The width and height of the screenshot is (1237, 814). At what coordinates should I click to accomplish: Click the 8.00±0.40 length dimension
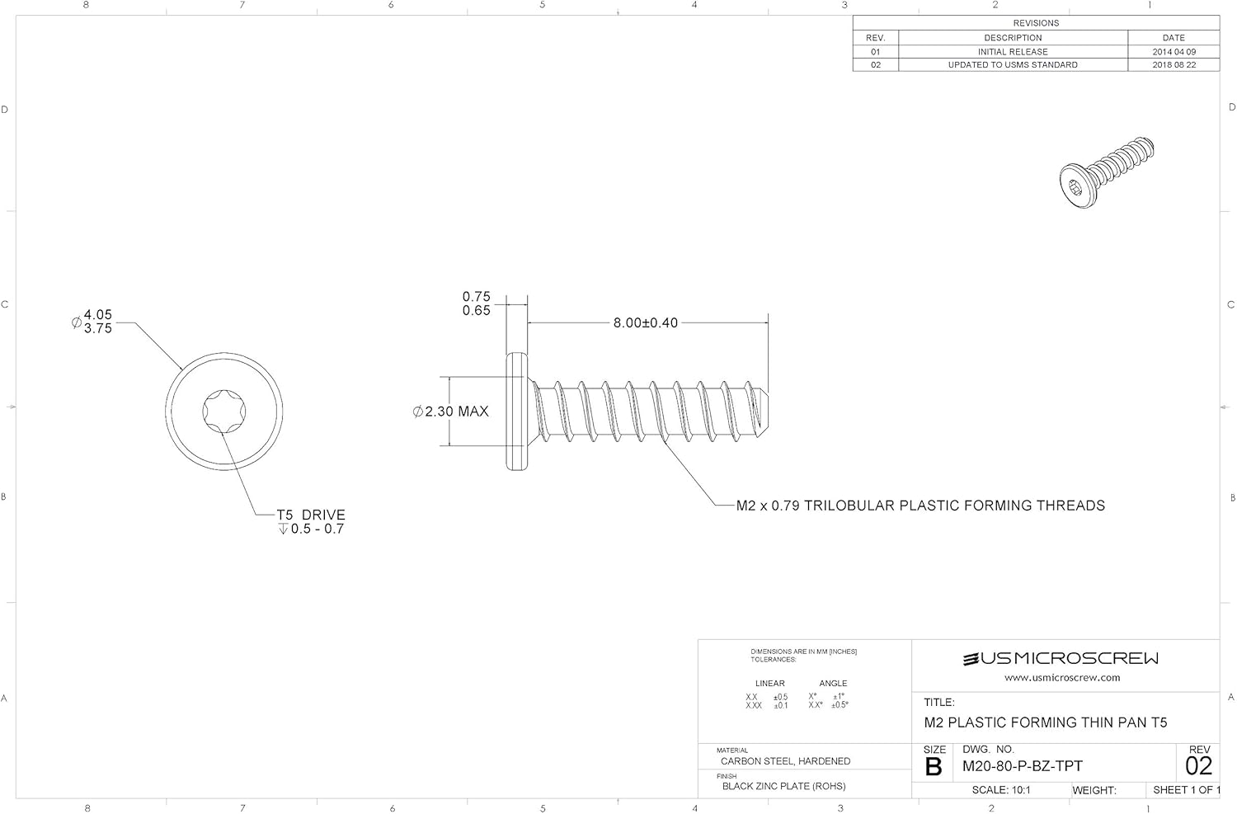(x=645, y=322)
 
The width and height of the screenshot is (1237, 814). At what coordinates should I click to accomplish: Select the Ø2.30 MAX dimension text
(x=451, y=411)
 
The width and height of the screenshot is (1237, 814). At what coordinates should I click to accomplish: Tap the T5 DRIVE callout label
(x=310, y=515)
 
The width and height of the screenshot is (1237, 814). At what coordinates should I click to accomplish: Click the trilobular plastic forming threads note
(x=920, y=506)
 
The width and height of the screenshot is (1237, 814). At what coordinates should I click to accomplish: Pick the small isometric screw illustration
(x=1106, y=172)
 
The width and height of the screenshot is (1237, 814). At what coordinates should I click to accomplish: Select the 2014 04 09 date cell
(x=1173, y=51)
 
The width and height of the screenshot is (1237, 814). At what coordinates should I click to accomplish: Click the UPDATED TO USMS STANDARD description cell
(x=1012, y=64)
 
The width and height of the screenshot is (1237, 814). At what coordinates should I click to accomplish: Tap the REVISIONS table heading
(x=1035, y=23)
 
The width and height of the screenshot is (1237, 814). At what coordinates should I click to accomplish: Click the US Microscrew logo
(x=1061, y=658)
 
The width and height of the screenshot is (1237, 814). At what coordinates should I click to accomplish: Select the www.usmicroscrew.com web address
(x=1061, y=678)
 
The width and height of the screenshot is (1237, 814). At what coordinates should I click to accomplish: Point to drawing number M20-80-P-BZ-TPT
(x=1022, y=766)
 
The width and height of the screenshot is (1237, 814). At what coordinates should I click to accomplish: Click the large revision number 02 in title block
(x=1198, y=766)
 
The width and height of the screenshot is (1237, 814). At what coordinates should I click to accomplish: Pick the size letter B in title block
(x=934, y=767)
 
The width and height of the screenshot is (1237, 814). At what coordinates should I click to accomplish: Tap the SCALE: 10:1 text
(x=1000, y=790)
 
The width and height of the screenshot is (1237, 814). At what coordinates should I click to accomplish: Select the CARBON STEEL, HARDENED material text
(x=785, y=761)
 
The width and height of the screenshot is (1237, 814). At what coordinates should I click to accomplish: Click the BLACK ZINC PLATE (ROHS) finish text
(x=783, y=786)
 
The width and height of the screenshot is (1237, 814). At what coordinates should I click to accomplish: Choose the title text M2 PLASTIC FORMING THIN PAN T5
(x=1045, y=722)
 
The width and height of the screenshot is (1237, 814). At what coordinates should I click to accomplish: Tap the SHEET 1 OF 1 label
(x=1185, y=790)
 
